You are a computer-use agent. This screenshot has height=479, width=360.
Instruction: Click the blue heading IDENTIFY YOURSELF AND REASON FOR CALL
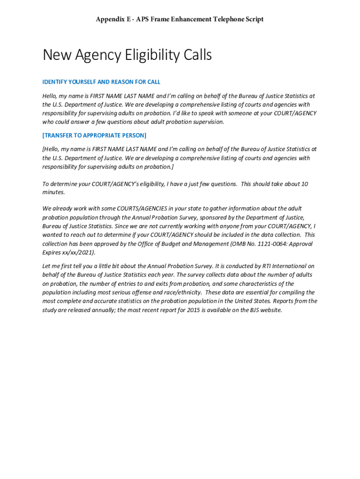101,82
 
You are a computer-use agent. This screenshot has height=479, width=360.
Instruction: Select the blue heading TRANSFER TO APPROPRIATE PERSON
94,136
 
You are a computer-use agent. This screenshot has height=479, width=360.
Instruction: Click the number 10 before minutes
304,184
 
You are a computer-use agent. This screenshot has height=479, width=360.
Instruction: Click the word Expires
52,253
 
